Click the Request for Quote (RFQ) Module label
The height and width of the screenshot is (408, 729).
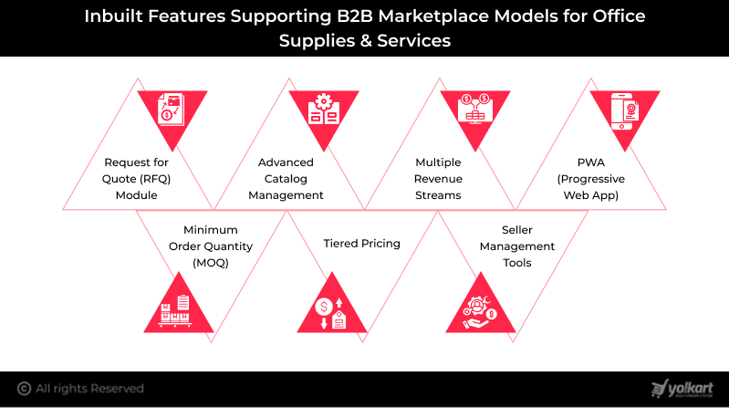tap(137, 178)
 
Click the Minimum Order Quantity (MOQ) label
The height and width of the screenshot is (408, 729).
tap(213, 246)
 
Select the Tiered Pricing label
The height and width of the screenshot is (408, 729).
tap(362, 244)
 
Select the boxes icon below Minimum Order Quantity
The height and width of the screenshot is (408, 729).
tap(173, 309)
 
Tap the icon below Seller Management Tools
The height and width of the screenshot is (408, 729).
tap(478, 309)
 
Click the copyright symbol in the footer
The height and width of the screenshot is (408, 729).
tap(24, 389)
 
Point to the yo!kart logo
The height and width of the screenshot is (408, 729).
tap(683, 388)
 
